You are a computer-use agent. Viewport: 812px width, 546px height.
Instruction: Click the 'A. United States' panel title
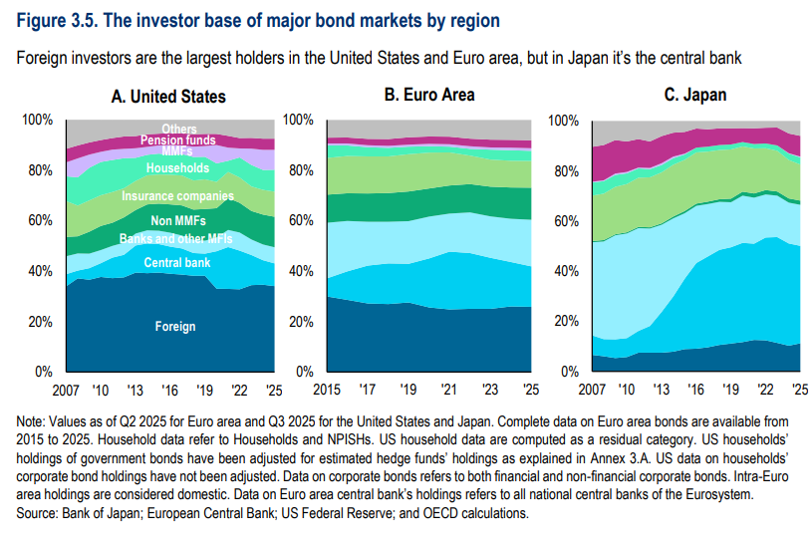[x=168, y=97]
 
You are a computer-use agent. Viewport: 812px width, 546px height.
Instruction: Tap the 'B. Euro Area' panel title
[x=429, y=95]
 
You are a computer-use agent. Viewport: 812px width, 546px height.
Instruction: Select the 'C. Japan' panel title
[x=695, y=95]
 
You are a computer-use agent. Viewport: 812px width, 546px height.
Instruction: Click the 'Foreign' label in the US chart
[x=175, y=327]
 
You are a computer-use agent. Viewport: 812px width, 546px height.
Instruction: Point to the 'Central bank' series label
[x=177, y=263]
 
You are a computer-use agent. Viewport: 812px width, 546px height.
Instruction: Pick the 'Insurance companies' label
[x=177, y=196]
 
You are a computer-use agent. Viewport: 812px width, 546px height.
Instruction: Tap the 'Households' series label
[x=177, y=167]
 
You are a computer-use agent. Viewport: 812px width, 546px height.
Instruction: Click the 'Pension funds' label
[x=177, y=139]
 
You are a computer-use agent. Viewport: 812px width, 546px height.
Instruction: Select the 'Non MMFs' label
[x=178, y=220]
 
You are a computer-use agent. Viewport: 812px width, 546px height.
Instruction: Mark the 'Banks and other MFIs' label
[x=176, y=238]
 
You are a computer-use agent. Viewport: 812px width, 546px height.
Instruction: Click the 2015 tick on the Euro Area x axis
[x=327, y=389]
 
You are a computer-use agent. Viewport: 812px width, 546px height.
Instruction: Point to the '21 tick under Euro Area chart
[x=448, y=389]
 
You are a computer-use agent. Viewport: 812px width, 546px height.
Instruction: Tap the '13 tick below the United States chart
[x=135, y=390]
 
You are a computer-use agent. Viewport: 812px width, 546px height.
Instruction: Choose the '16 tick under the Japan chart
[x=695, y=389]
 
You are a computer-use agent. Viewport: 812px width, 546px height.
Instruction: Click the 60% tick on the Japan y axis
[x=567, y=221]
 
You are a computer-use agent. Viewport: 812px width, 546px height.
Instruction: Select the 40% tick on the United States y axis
[x=41, y=271]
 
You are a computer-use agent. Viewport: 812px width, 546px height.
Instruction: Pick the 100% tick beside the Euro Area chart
[x=298, y=120]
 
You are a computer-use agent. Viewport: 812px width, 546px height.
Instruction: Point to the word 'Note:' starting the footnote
[x=31, y=421]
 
